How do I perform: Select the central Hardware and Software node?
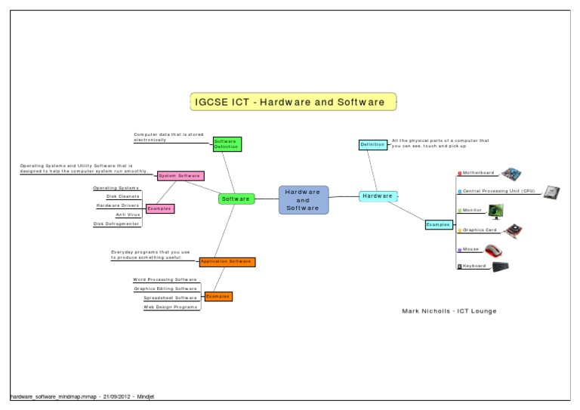point(304,199)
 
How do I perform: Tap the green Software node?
point(236,199)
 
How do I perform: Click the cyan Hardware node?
point(377,196)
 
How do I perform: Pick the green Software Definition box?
point(226,143)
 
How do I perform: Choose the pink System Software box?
point(180,176)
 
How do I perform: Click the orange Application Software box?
point(227,261)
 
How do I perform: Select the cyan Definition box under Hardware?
point(372,144)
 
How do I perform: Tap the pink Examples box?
point(159,208)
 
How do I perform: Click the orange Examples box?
point(218,296)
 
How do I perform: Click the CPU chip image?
point(554,193)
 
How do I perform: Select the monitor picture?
point(495,211)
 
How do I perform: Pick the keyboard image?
point(500,267)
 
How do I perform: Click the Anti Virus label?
point(127,214)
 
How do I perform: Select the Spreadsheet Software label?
point(171,297)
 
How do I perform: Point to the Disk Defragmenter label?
point(116,223)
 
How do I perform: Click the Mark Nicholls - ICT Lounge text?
point(449,311)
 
